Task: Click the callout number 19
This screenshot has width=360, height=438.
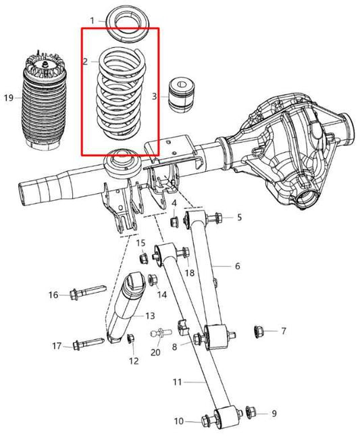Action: coord(8,98)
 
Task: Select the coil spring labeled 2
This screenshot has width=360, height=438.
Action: coord(120,91)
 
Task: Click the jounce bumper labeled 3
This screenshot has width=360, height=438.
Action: coord(181,95)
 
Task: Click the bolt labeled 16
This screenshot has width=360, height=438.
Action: coord(84,293)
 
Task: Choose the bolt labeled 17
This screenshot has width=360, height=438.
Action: coord(87,345)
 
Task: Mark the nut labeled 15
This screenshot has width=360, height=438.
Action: coord(143,258)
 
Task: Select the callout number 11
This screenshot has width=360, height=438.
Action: coord(176,382)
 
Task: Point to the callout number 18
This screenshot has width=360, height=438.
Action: coord(190,272)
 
